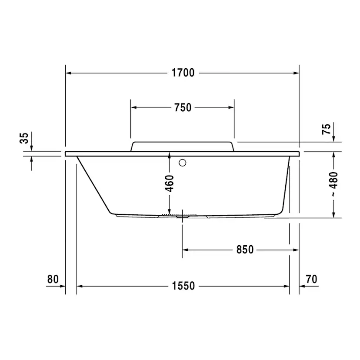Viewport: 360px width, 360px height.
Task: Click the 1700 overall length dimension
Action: tap(183, 73)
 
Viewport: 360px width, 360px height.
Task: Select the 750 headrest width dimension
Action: tap(183, 107)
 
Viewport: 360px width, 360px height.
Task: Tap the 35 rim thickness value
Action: tap(24, 138)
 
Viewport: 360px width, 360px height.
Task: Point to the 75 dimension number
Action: tap(326, 129)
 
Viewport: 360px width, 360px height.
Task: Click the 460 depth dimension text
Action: tap(170, 183)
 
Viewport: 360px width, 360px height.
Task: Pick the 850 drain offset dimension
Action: tap(245, 250)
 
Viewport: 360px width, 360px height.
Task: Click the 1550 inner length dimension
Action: tap(183, 286)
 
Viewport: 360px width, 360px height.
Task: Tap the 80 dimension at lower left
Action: tap(53, 279)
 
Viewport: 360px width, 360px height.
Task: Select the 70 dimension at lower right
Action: tap(311, 279)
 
